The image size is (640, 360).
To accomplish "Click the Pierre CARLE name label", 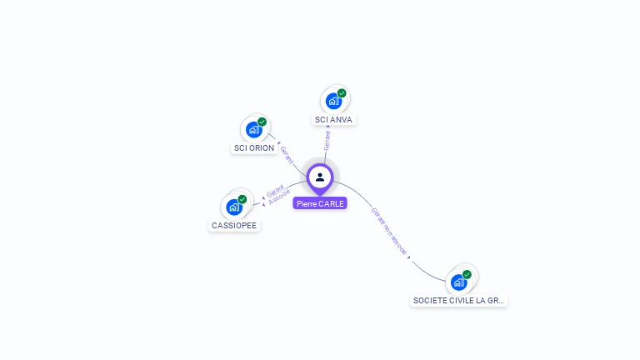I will click(320, 203).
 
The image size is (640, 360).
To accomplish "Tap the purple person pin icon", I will click(320, 177).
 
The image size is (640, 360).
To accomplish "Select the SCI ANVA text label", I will click(333, 120).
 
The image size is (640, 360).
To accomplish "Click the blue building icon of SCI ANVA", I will click(333, 101).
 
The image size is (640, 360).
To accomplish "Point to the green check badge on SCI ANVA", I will click(342, 93).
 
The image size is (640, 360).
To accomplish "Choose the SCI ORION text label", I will click(254, 148).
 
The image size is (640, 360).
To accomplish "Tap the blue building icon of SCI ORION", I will click(254, 129).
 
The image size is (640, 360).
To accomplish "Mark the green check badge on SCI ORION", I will click(262, 122).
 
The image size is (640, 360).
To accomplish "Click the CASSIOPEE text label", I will click(234, 226).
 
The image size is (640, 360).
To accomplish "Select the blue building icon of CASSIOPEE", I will click(234, 207).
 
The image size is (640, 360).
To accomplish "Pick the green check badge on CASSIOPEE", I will click(242, 199).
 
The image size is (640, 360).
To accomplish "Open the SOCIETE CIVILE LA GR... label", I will click(459, 300).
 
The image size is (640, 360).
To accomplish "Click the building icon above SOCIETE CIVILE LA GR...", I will click(458, 282).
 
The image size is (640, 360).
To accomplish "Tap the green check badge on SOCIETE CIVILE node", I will click(467, 274).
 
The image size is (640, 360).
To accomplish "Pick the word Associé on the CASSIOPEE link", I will click(281, 197).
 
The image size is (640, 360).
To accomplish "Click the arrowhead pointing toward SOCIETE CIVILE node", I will click(409, 258).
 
